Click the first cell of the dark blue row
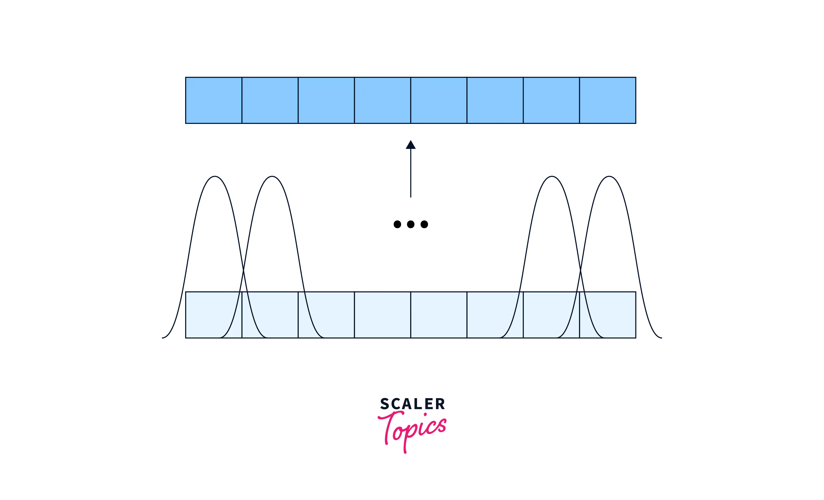(214, 100)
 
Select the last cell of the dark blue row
(607, 100)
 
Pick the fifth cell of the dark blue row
(439, 100)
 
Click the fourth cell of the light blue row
(383, 315)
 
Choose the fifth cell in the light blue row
(439, 315)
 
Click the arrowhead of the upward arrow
(411, 145)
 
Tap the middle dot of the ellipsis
(411, 224)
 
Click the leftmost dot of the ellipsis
(397, 224)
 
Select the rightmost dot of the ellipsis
(424, 224)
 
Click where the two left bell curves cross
(244, 270)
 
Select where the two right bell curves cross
(580, 270)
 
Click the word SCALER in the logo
(412, 404)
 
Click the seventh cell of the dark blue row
(551, 100)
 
